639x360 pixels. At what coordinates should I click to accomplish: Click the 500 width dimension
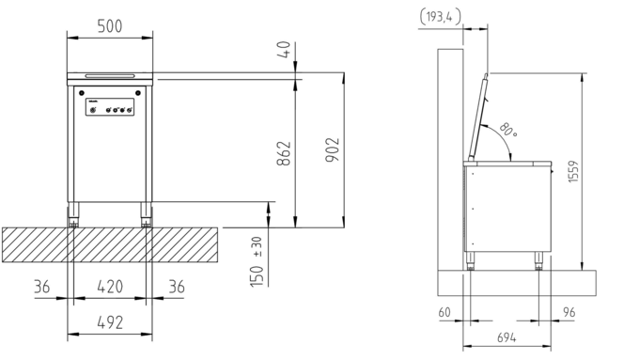110,26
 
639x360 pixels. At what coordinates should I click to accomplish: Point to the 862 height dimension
284,153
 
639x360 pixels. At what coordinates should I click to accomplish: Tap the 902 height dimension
332,149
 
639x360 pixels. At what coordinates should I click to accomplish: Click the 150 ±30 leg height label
257,261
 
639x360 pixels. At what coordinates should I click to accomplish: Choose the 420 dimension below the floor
110,287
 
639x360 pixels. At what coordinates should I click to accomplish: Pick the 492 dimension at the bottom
110,322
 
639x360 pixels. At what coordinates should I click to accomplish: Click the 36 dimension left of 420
41,287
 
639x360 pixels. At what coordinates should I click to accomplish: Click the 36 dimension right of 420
177,287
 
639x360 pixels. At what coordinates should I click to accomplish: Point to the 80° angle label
507,129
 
